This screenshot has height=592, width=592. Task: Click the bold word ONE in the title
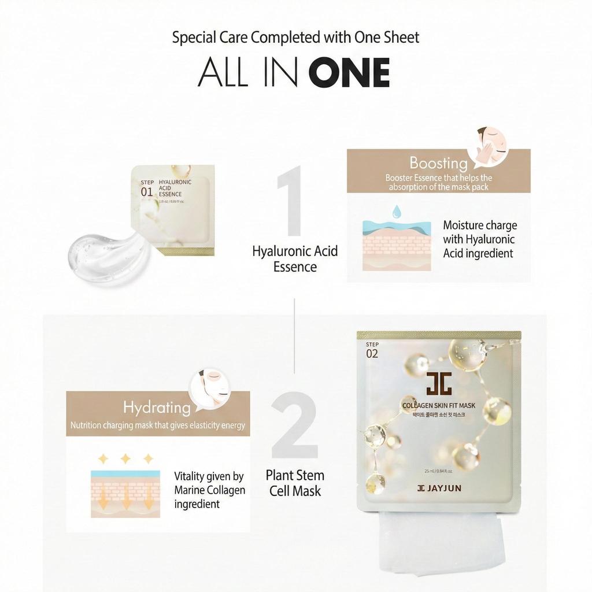point(349,73)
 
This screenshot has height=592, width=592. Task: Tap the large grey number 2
point(294,427)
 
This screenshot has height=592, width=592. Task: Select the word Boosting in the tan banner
point(438,162)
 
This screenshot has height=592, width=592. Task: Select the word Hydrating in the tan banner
point(157,407)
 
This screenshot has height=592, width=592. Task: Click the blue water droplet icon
point(397,212)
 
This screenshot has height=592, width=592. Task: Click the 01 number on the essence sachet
point(147,192)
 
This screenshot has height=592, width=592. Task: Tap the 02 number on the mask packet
point(372,353)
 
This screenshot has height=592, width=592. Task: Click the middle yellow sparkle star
point(125,458)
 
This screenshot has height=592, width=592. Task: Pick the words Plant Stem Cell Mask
point(295,483)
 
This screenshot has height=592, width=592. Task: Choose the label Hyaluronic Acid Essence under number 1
point(295,259)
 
